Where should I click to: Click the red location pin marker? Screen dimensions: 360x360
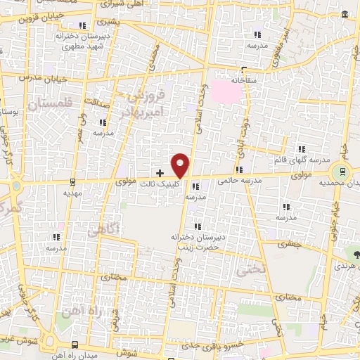[181, 165]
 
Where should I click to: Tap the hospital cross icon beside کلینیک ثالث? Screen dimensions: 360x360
[160, 172]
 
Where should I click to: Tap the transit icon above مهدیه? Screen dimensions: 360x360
[72, 181]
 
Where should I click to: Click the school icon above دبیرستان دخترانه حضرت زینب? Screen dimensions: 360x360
[198, 226]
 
